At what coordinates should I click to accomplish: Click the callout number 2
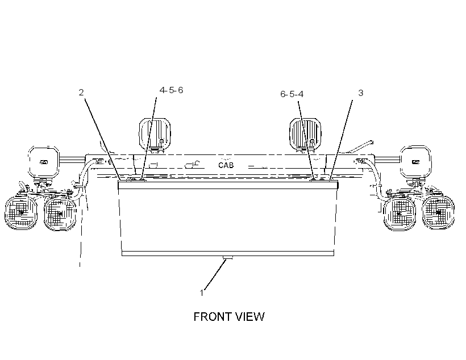click(81, 93)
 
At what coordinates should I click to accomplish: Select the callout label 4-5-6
click(171, 90)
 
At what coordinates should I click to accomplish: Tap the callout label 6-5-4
click(292, 94)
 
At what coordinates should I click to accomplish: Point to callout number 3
click(360, 93)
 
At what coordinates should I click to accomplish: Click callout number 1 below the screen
click(202, 293)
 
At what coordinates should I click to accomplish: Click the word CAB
click(226, 165)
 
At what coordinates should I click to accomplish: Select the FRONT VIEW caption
click(229, 317)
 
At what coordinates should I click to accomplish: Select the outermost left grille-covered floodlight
click(21, 211)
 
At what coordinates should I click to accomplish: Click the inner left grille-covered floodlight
click(60, 213)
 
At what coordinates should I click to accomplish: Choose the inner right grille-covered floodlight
click(400, 213)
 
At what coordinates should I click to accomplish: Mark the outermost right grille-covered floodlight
click(438, 211)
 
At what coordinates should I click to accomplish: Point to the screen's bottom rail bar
click(228, 253)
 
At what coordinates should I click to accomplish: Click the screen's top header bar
click(228, 185)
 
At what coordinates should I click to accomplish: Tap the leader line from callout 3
click(341, 140)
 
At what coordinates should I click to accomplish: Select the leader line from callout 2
click(102, 140)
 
